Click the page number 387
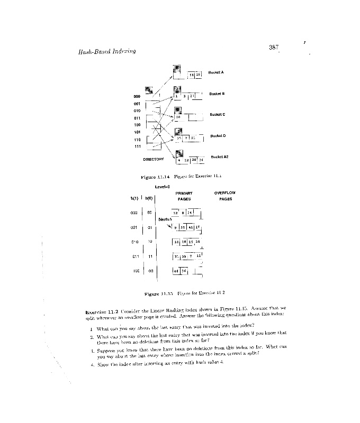[x=274, y=48]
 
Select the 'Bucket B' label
[x=217, y=94]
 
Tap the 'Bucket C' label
[x=218, y=114]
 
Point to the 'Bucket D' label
[x=218, y=136]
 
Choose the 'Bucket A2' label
[x=219, y=157]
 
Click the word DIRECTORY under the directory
[x=154, y=159]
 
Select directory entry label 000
[x=137, y=96]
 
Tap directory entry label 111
[x=138, y=146]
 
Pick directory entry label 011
[x=137, y=118]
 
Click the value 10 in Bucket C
[x=178, y=117]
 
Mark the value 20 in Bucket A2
[x=194, y=160]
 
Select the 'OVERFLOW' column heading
[x=225, y=193]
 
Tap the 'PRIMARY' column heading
[x=184, y=193]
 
